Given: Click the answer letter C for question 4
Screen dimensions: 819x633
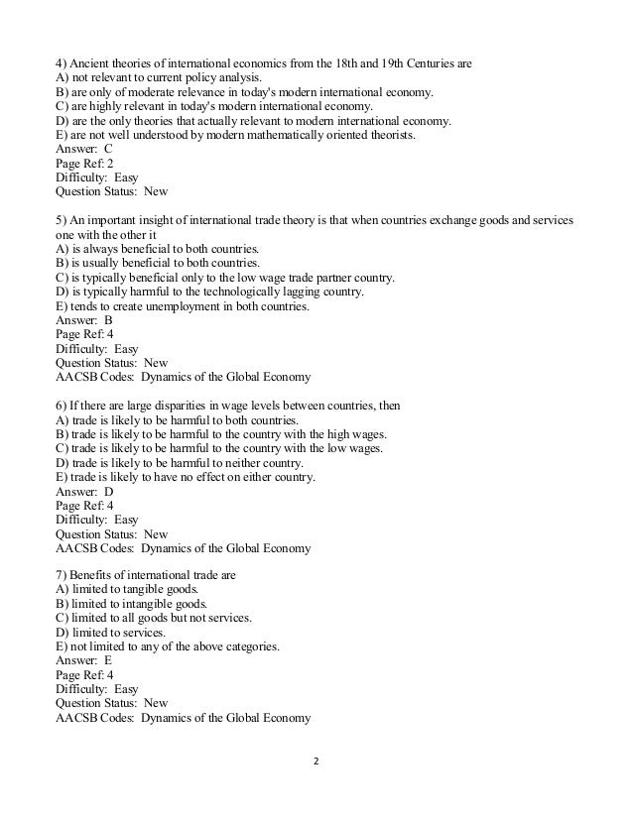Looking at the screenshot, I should (108, 150).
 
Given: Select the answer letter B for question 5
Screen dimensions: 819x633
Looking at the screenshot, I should (108, 321).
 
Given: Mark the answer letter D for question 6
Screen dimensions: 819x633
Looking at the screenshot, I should (108, 492).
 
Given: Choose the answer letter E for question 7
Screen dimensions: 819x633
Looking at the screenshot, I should (108, 662).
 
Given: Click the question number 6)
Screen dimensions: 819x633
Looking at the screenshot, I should (63, 407).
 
